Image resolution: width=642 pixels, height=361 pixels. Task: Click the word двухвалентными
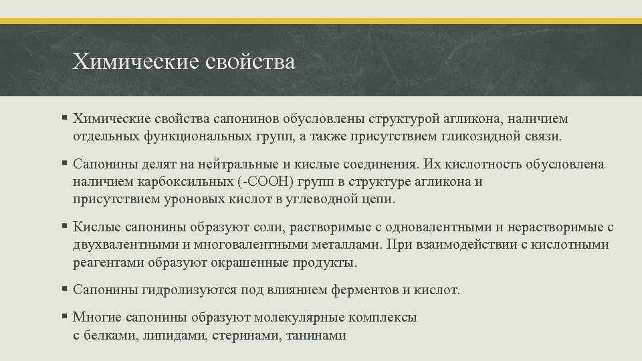point(125,245)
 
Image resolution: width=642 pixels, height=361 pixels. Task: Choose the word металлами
point(337,245)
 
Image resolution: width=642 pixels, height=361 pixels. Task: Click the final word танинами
point(316,336)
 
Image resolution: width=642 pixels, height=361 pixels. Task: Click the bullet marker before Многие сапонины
point(64,318)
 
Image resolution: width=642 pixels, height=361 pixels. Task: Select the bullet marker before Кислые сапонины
point(64,227)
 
